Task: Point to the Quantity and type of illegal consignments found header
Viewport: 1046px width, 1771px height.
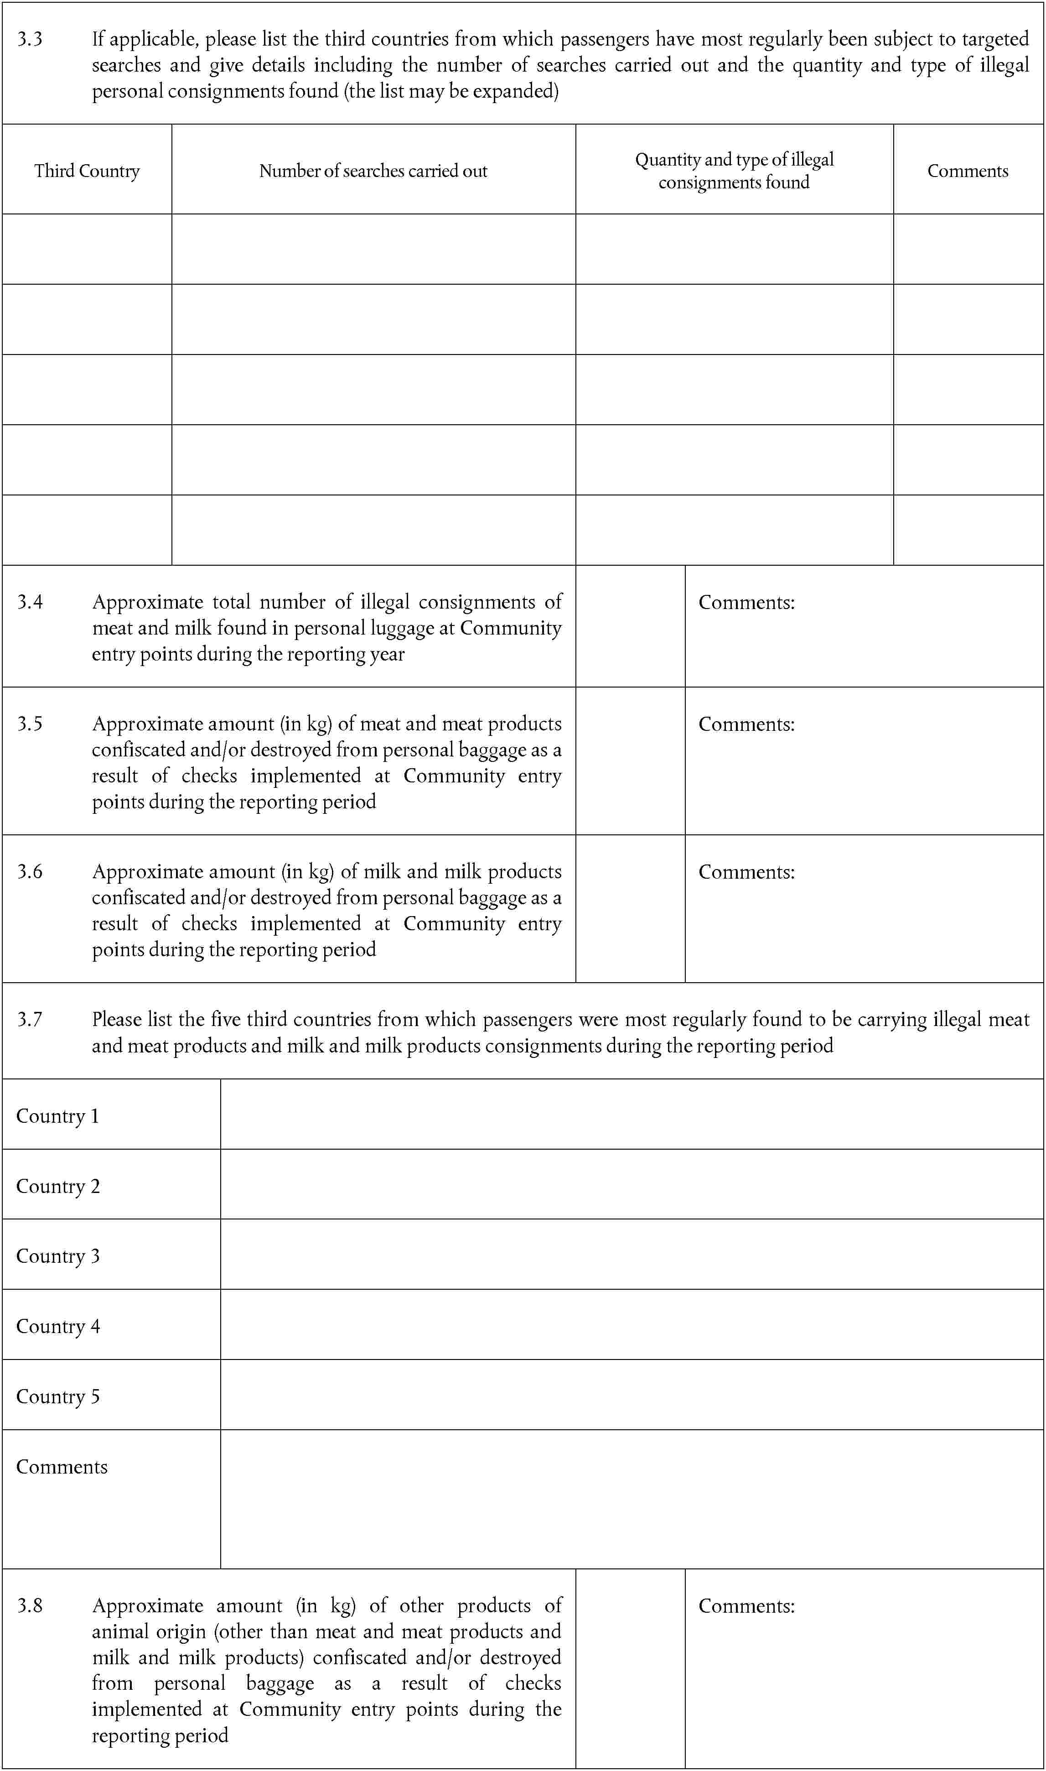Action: coord(734,171)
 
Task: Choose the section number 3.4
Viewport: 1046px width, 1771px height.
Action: coord(30,602)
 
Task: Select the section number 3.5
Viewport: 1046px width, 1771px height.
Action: coord(30,724)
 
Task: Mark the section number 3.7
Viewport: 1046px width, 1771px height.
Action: coord(30,1020)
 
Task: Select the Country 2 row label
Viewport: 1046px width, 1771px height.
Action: coord(58,1187)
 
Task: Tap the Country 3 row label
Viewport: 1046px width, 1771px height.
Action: coord(58,1256)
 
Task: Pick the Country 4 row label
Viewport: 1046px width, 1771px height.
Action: coord(58,1327)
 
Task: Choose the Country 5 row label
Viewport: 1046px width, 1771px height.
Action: coord(58,1396)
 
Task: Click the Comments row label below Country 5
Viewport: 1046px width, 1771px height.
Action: coord(61,1467)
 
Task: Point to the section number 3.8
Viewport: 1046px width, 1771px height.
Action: coord(30,1606)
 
